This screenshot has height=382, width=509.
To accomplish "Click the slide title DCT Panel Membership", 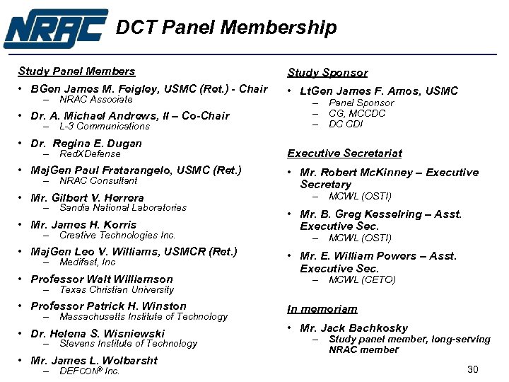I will click(226, 28).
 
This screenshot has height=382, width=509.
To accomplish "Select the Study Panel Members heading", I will click(76, 71).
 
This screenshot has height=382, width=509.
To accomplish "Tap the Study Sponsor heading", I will click(327, 73).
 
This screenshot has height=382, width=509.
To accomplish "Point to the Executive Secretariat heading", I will click(344, 154).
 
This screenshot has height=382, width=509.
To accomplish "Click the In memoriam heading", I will click(322, 309).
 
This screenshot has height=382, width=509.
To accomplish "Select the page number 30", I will click(473, 369).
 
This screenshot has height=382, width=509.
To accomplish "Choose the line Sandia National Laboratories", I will click(123, 208).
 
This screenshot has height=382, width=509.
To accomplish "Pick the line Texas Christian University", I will click(117, 289).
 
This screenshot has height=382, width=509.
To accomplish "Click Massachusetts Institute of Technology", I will click(144, 317).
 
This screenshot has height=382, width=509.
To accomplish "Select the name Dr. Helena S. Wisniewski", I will click(98, 334).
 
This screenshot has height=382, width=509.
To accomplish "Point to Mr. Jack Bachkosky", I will click(353, 328).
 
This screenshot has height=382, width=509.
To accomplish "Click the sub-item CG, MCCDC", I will click(357, 114).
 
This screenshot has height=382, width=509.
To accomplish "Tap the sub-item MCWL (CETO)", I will click(362, 280).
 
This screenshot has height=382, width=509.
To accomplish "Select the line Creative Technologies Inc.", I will click(117, 236).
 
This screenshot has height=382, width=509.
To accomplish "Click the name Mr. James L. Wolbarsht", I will click(94, 361).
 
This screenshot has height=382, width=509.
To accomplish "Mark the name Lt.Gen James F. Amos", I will click(379, 91).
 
